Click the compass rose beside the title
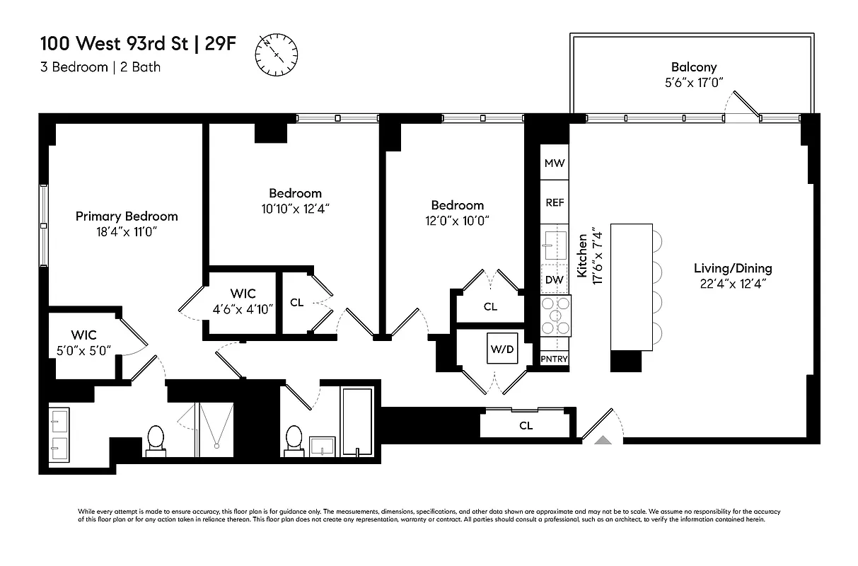pos(277,54)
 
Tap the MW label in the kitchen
pos(555,163)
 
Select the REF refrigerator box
pos(555,202)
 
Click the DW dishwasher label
pos(555,279)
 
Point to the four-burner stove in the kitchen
pos(555,316)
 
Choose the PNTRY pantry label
pos(555,359)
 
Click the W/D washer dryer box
pos(502,349)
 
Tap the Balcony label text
pos(693,67)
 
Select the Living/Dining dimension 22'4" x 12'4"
pos(732,283)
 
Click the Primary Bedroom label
pos(127,216)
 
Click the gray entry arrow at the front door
pos(603,440)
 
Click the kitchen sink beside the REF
pos(552,242)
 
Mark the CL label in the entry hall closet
pos(526,426)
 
